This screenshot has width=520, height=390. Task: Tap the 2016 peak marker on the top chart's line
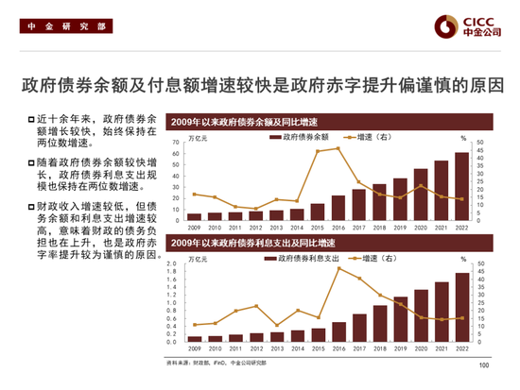(x=338, y=148)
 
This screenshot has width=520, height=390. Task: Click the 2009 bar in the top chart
(x=194, y=216)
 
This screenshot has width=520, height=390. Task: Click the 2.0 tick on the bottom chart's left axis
(x=177, y=263)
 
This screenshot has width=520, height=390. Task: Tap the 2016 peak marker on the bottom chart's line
(x=338, y=268)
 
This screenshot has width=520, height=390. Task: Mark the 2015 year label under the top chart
(x=317, y=227)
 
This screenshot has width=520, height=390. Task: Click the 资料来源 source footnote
(x=218, y=362)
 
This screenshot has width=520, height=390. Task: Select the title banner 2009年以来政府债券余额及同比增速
(x=242, y=123)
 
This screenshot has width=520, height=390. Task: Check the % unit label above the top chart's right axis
(x=462, y=138)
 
